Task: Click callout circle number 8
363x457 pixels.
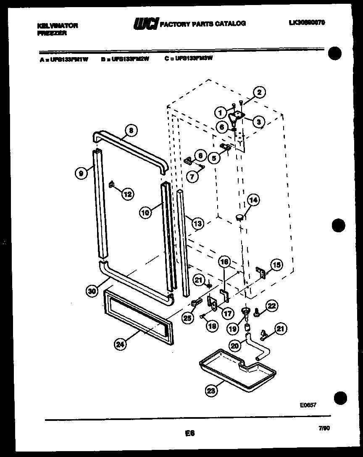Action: [131, 131]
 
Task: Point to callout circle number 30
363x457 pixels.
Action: [92, 290]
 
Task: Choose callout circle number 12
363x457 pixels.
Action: [128, 194]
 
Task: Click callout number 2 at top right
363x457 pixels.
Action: [259, 93]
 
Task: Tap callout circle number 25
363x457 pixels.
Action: [187, 318]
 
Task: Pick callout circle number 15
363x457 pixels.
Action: [276, 265]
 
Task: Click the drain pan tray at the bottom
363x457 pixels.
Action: [237, 370]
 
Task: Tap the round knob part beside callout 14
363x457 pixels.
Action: [240, 217]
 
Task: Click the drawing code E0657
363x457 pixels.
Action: [308, 405]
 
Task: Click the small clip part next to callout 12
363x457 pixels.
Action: [112, 184]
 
